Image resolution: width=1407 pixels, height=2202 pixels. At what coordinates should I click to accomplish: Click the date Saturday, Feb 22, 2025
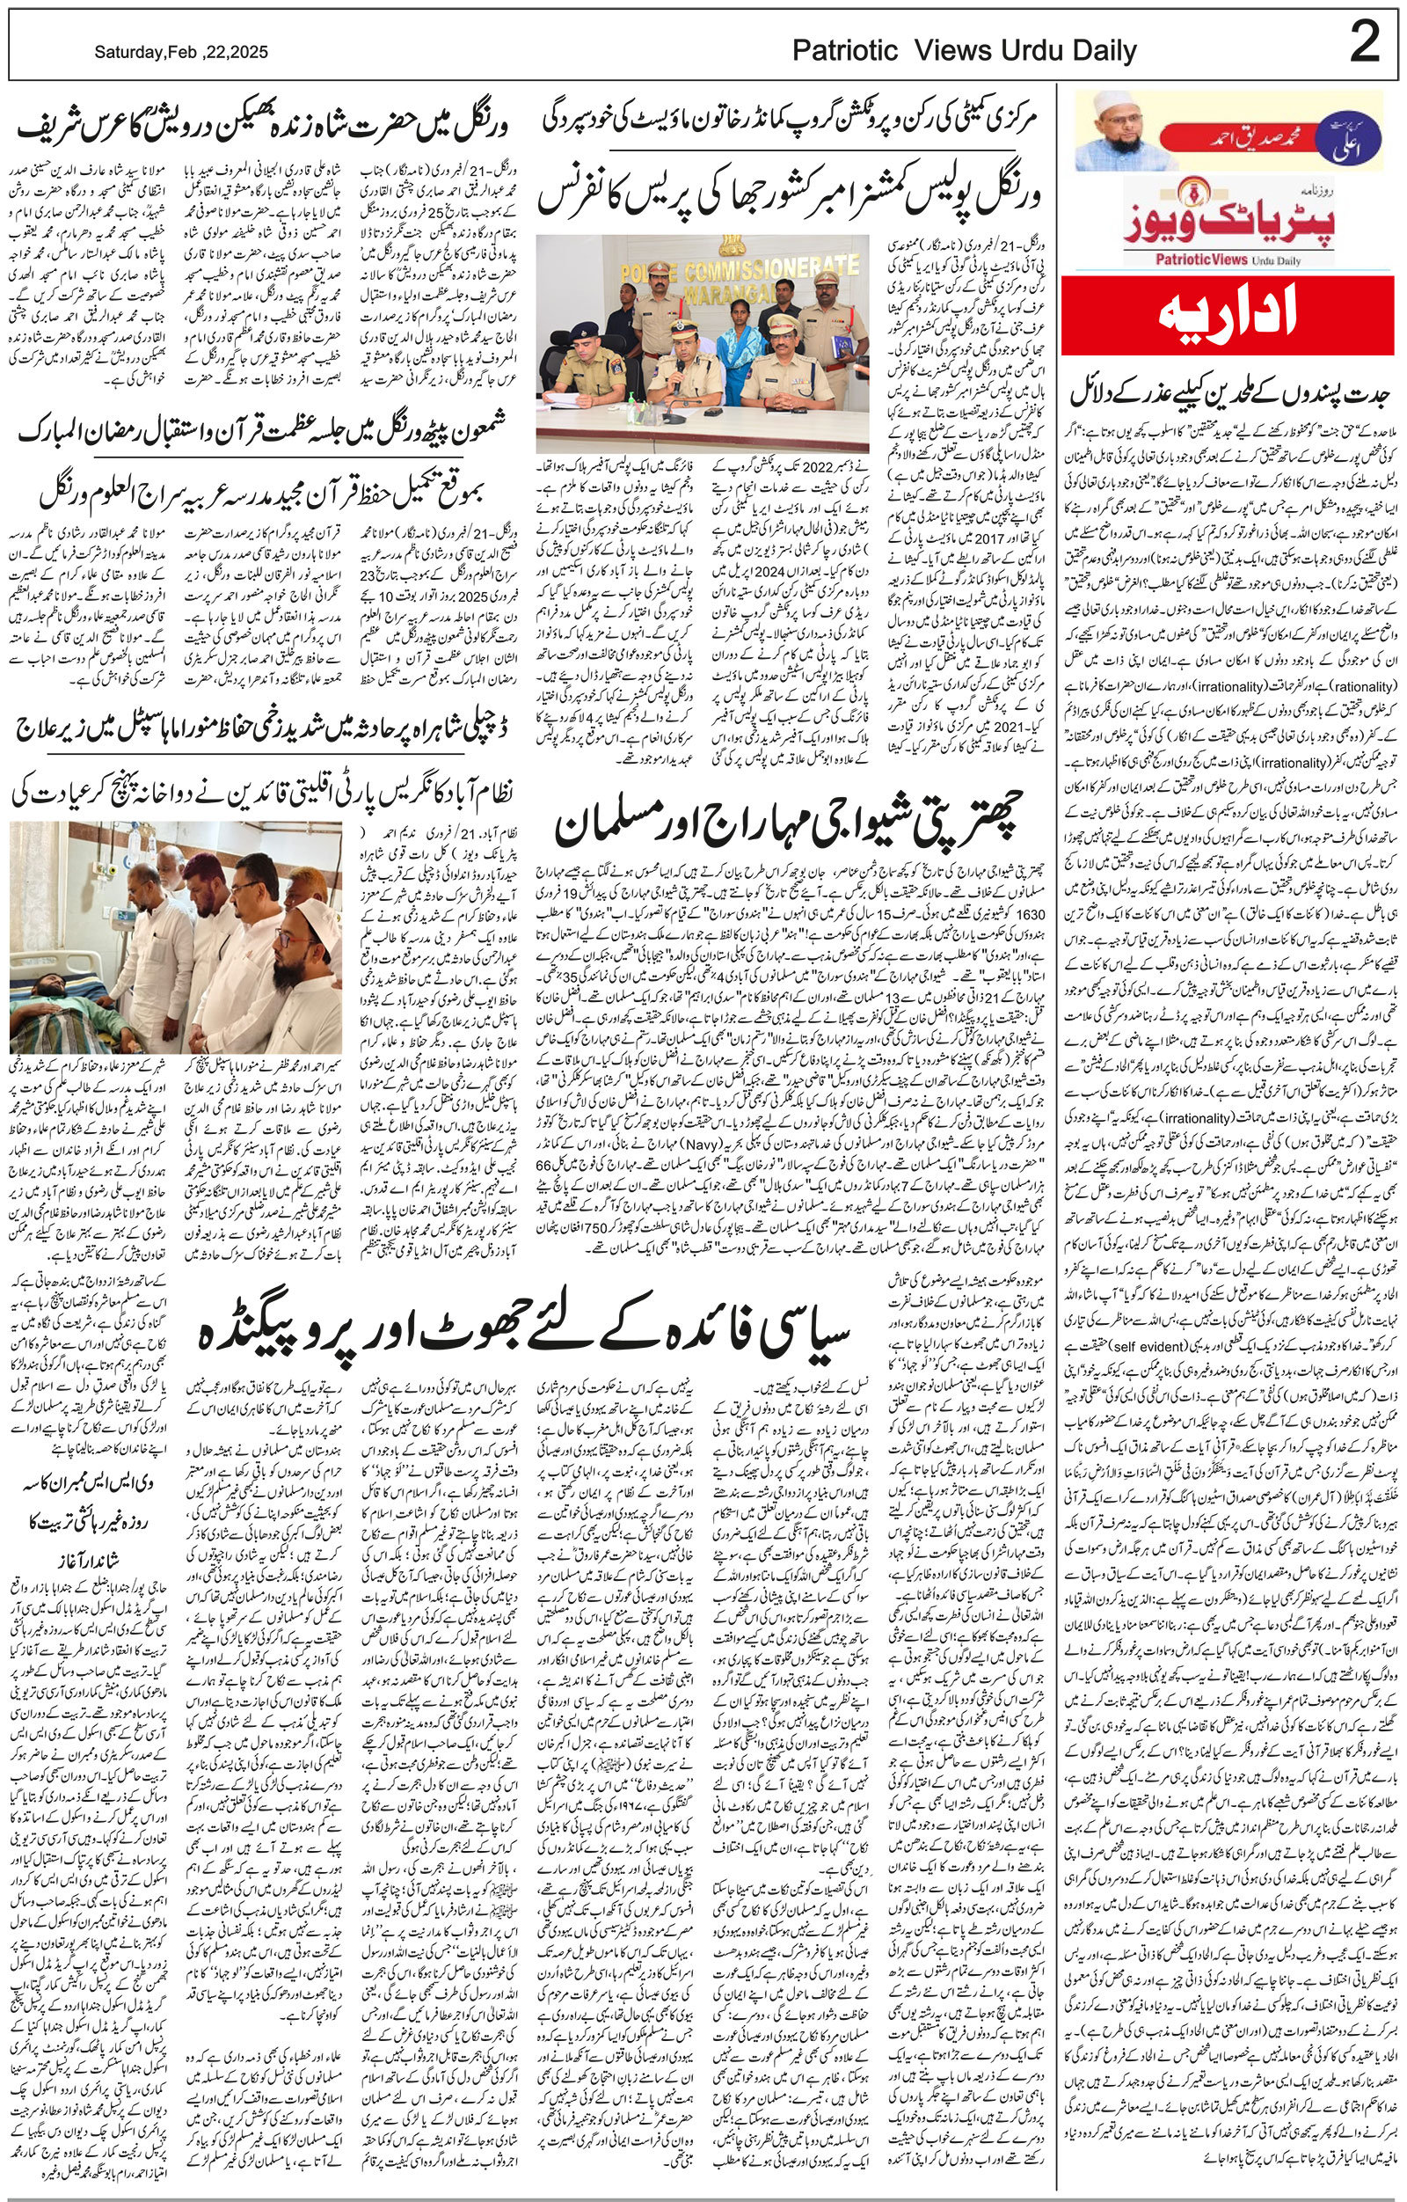[x=181, y=54]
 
